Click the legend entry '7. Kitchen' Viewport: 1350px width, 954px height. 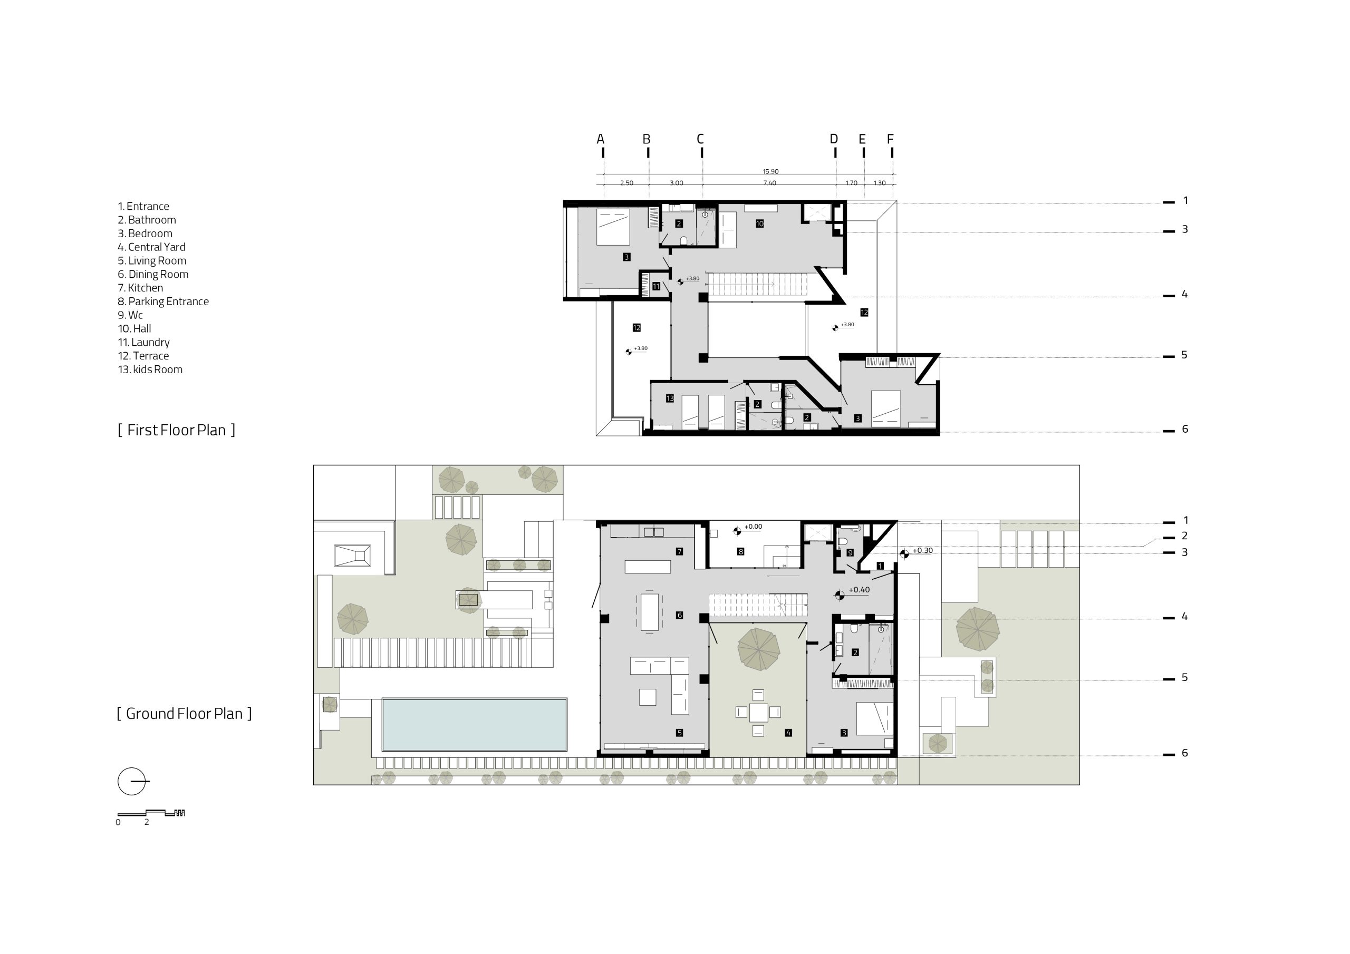(x=140, y=288)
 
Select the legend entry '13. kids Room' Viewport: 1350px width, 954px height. (x=150, y=369)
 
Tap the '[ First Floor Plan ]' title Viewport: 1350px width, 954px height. (x=176, y=430)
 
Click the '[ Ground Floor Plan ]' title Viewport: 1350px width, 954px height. (x=184, y=714)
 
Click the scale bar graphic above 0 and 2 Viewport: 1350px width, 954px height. (x=151, y=812)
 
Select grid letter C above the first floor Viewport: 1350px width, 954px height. (x=700, y=139)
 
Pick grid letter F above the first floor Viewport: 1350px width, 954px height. (x=890, y=139)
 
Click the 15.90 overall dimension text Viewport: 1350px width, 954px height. (x=770, y=172)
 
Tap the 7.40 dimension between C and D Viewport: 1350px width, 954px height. (x=770, y=183)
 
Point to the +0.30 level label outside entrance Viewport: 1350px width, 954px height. (x=922, y=551)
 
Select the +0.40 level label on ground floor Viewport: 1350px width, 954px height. (x=859, y=590)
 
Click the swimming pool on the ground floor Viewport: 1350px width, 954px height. (x=475, y=725)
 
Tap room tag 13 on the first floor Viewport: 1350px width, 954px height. (x=670, y=398)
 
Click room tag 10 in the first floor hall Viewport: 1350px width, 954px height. (x=760, y=223)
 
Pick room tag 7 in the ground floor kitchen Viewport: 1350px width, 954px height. (x=679, y=551)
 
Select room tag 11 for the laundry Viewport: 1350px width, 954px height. (x=656, y=286)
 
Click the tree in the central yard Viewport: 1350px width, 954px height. (x=758, y=649)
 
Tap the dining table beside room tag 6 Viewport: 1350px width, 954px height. (x=650, y=612)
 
